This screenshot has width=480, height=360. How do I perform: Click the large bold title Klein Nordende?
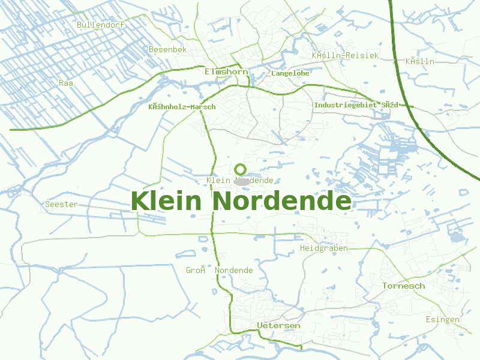click(241, 200)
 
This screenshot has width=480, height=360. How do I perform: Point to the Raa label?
click(66, 83)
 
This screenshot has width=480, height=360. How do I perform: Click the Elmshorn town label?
click(226, 71)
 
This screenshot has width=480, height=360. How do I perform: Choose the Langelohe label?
click(290, 73)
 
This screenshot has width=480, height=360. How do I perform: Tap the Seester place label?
click(61, 204)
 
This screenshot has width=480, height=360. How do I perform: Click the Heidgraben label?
click(323, 248)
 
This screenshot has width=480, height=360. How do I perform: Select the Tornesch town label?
click(403, 286)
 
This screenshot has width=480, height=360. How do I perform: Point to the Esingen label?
click(442, 319)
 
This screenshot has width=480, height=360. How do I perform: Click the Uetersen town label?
click(278, 325)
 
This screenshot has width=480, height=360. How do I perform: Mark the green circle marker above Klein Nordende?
click(241, 169)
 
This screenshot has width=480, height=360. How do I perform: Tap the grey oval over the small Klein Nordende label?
click(242, 181)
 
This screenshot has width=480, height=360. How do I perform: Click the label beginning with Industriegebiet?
click(356, 105)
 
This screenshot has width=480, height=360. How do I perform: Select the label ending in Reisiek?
click(345, 55)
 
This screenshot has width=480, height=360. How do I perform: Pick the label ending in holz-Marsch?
click(181, 107)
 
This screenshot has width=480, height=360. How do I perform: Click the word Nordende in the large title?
click(281, 200)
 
